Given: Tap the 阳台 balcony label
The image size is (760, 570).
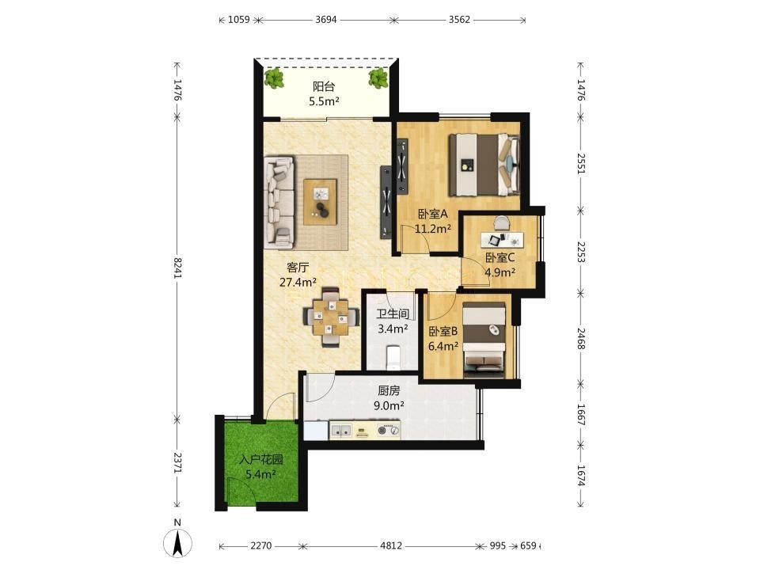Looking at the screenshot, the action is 324,87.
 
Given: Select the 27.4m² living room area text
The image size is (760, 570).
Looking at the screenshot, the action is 298,282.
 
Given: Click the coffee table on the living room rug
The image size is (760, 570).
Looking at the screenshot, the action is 320,202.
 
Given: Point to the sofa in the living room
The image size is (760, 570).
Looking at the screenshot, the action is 279,202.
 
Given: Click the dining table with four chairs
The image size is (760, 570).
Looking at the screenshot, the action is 331,317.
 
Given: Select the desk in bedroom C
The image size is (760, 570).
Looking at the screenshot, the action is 502,239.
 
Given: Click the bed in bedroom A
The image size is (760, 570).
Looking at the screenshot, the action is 484,165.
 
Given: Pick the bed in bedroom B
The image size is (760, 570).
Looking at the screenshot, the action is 484,340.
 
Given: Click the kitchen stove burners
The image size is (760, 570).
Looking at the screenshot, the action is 389,429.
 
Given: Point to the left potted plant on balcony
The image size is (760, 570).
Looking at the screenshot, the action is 275,78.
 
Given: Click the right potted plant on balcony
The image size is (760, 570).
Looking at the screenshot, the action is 378,78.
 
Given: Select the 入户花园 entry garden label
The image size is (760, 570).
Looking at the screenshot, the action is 261,459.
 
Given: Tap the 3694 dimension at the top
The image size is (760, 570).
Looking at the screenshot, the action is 325,20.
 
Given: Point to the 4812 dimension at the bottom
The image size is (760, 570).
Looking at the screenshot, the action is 390,545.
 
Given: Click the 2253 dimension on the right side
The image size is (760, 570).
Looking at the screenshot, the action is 581,252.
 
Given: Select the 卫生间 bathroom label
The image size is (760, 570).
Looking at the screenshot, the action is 393,314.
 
